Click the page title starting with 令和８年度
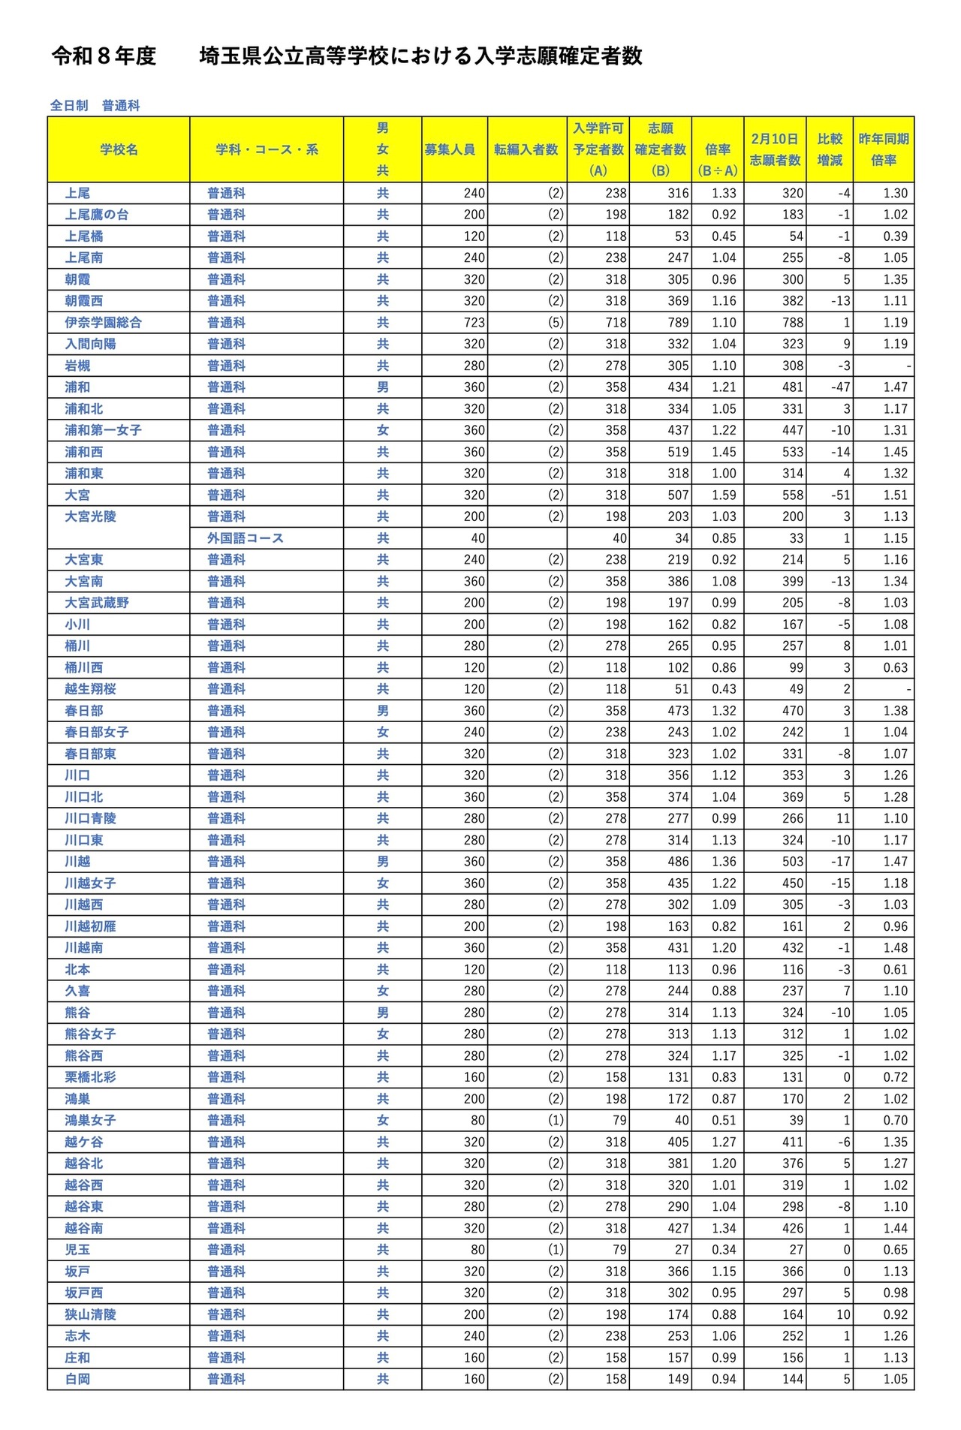(346, 56)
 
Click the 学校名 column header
(119, 149)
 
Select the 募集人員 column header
(450, 149)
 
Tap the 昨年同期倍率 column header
(884, 149)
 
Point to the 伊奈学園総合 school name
(103, 323)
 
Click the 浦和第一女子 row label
(103, 430)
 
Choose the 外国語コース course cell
(246, 538)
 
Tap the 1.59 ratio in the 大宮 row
(724, 495)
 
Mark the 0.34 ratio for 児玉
(724, 1250)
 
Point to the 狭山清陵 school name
(90, 1314)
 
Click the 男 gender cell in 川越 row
(383, 862)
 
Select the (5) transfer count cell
(555, 323)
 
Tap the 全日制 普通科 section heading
(95, 106)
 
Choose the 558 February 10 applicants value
(792, 495)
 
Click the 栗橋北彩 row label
(90, 1077)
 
